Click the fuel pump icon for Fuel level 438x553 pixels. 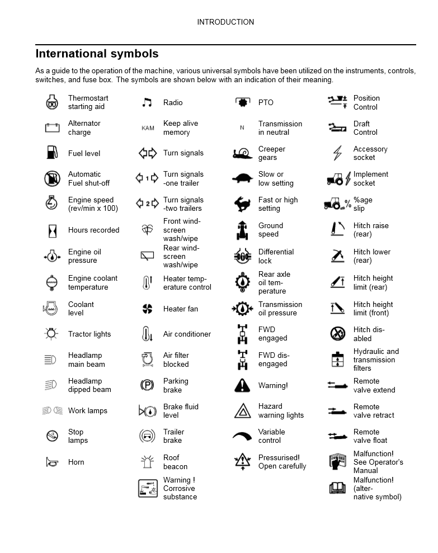point(52,153)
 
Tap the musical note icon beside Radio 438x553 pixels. point(147,102)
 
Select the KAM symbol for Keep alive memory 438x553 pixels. point(148,128)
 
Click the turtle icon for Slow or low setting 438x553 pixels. point(242,179)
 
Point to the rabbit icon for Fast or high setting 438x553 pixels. point(242,204)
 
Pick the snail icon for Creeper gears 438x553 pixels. point(243,153)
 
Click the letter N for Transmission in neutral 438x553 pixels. point(242,128)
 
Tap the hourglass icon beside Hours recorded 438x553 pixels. point(52,230)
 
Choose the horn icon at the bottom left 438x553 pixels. point(52,462)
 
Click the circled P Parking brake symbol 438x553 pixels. point(147,385)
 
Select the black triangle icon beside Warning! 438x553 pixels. point(242,385)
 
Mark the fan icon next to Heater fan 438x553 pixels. point(147,309)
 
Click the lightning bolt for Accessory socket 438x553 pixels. point(337,153)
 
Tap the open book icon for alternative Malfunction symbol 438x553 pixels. point(337,488)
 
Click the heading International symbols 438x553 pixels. point(97,54)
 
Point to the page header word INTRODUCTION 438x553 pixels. point(225,22)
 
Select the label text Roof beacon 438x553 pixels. point(175,462)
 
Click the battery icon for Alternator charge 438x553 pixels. point(52,128)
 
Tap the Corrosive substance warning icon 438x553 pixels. point(147,488)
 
